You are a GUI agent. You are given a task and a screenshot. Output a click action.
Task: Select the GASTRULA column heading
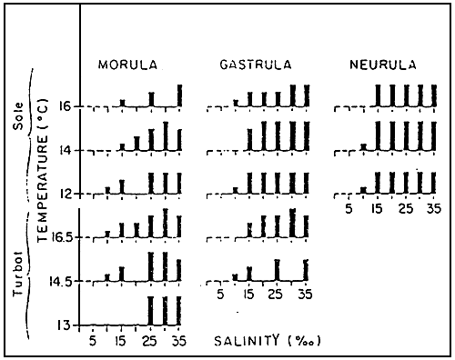[256, 65]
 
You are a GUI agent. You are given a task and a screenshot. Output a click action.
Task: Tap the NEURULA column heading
[382, 65]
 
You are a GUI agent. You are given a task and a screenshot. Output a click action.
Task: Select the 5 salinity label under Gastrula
[218, 295]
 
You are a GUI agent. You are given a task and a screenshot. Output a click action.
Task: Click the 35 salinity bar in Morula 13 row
[179, 310]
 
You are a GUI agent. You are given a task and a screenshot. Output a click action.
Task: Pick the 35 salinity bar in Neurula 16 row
[435, 95]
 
